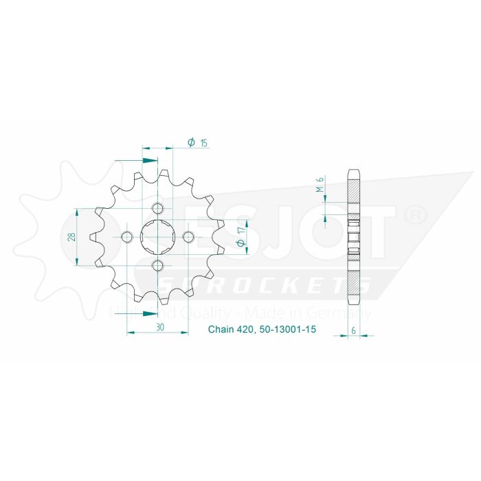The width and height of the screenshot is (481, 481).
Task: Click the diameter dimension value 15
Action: [x=204, y=142]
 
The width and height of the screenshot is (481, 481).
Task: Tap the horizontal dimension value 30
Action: [x=159, y=327]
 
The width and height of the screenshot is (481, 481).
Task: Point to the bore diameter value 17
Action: [x=241, y=243]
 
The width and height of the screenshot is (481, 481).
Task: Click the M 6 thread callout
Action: [x=320, y=185]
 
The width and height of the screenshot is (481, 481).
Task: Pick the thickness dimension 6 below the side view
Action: [x=353, y=331]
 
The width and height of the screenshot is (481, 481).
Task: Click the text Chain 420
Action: [x=232, y=330]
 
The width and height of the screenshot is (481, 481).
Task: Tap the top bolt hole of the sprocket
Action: [x=157, y=208]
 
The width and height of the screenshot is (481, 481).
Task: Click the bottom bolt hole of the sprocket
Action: [x=157, y=266]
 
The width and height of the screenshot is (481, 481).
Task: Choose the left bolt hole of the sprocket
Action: [x=127, y=237]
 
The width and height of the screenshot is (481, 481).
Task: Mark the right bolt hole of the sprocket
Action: [x=187, y=237]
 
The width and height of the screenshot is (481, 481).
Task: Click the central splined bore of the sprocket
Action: [x=157, y=237]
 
